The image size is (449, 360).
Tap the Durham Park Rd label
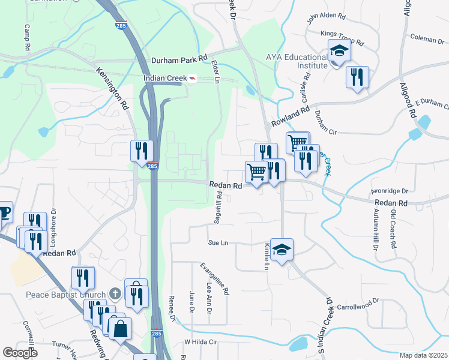coord(179,60)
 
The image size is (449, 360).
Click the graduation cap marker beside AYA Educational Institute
coord(339,53)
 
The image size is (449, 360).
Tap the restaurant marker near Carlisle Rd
coord(357,77)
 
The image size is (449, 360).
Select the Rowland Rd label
coord(289,116)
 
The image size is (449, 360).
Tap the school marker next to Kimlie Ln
coord(281,249)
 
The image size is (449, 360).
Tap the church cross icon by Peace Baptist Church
coord(117,294)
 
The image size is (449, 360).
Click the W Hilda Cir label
coord(199,341)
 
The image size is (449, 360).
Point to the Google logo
coord(20,353)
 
